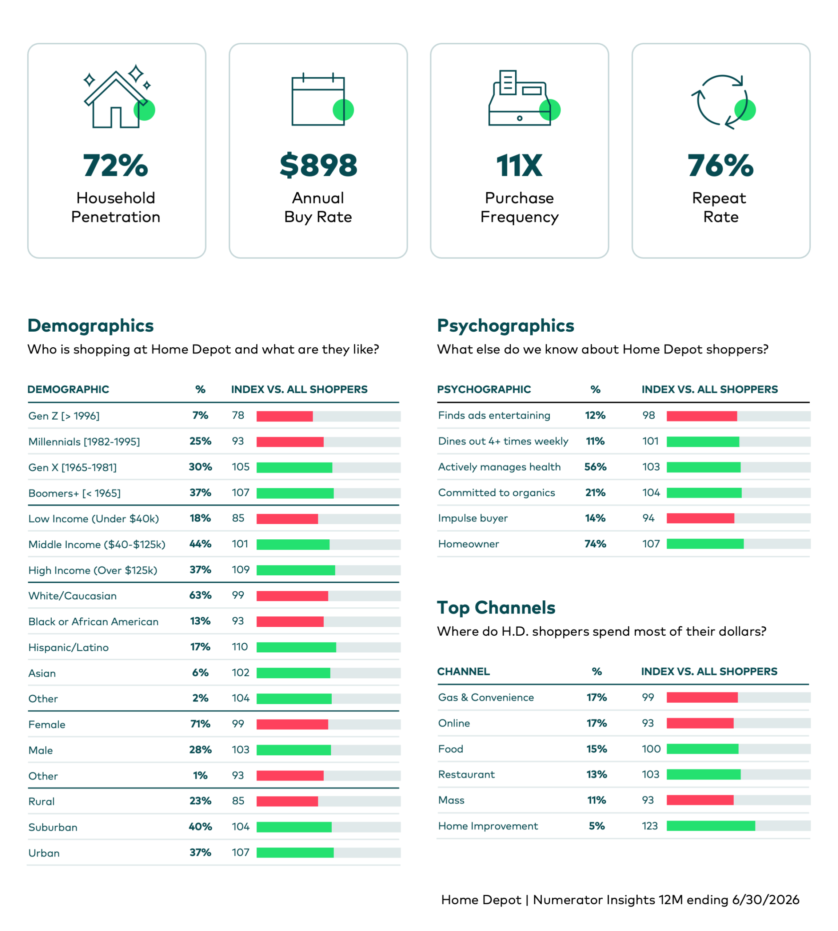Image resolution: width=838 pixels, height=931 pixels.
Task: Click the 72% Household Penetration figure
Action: pos(116,165)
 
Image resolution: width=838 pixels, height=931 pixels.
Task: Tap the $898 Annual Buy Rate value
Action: pos(318,165)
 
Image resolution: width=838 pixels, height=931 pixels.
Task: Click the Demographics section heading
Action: pos(90,325)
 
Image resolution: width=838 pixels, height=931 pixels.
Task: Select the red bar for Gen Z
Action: pos(284,416)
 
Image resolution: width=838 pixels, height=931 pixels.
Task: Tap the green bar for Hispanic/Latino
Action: pos(296,647)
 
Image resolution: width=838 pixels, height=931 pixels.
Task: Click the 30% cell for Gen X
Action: pos(200,467)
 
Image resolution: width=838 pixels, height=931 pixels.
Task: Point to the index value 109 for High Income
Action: pos(240,570)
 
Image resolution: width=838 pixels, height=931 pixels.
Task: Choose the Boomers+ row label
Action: pos(75,493)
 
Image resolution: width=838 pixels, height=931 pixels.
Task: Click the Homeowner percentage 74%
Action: pos(595,544)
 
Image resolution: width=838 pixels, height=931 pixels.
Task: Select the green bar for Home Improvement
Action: pos(711,826)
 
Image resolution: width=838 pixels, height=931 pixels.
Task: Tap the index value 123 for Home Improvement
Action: pos(650,826)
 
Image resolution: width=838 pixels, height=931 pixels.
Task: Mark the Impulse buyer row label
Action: pos(473,519)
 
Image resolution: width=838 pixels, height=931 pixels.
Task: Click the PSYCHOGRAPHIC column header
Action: pos(484,389)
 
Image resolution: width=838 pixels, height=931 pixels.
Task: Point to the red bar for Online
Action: pos(700,723)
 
